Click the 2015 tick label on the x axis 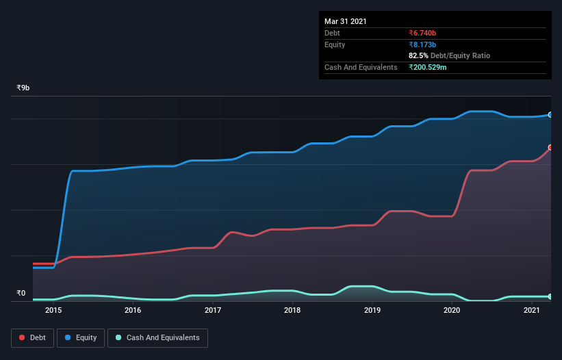53,311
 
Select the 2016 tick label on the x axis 133,311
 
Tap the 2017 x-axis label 213,311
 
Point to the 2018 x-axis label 292,311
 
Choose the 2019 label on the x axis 372,311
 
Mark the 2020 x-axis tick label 452,311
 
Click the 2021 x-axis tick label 532,311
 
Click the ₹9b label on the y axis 23,88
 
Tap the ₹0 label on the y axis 21,294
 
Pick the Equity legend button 81,337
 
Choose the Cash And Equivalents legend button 157,337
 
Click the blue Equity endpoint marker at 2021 550,115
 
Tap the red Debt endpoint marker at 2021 550,147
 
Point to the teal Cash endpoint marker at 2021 550,296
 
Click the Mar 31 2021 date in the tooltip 346,21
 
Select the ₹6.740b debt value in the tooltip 422,33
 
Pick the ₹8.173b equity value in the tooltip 422,44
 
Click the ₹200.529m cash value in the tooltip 428,67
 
